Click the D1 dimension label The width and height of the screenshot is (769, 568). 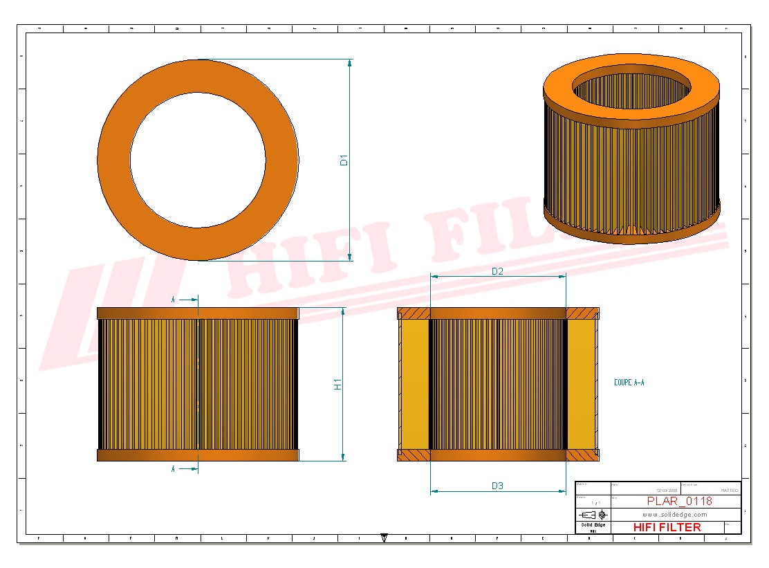(x=344, y=160)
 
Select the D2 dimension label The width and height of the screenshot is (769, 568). (x=497, y=271)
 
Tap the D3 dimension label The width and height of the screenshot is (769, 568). (x=497, y=486)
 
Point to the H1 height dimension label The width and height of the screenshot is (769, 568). (x=338, y=384)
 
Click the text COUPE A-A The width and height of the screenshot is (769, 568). (x=629, y=383)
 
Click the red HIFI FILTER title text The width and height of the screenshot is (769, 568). (x=667, y=527)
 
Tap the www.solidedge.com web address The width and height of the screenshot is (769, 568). (x=674, y=515)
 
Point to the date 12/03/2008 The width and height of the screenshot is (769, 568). (x=667, y=490)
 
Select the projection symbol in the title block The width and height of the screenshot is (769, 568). (x=593, y=515)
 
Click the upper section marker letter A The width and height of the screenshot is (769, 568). (x=173, y=300)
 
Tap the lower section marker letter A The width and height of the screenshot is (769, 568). (x=173, y=469)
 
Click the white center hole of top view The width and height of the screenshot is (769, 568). (x=198, y=160)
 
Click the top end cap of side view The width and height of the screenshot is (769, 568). (x=198, y=313)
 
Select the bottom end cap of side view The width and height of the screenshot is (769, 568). (x=198, y=455)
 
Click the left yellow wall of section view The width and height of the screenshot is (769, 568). (x=415, y=384)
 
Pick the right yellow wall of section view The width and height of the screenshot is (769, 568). (x=582, y=384)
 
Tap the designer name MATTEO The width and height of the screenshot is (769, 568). (x=729, y=490)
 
